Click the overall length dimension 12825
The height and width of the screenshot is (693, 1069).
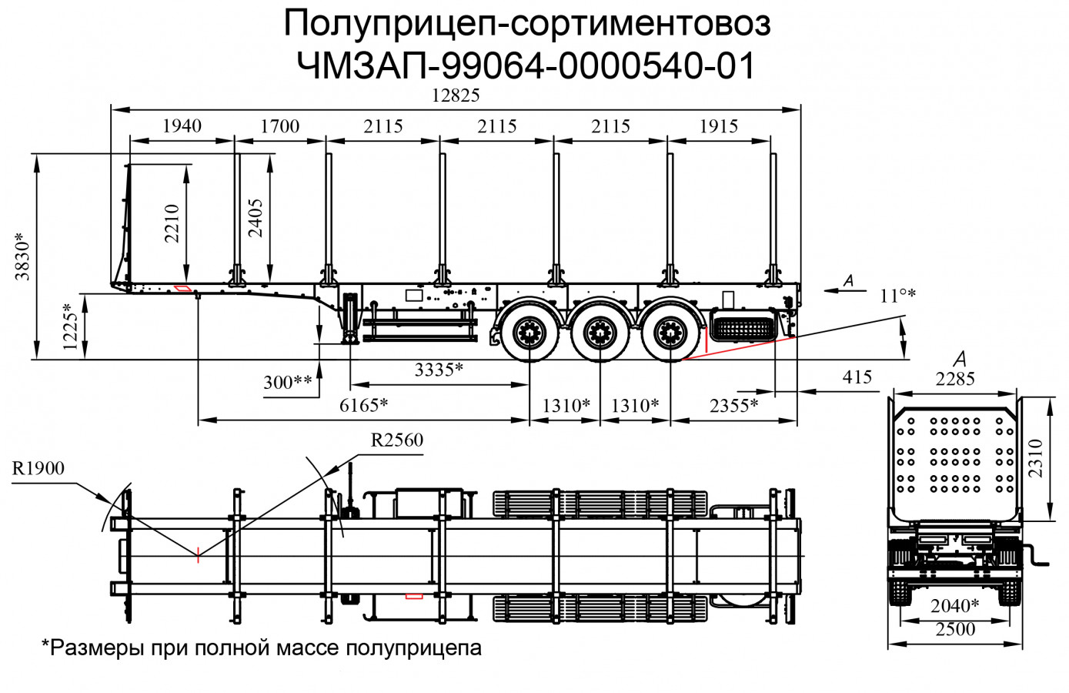[x=456, y=95]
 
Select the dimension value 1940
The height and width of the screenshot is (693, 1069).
[x=182, y=126]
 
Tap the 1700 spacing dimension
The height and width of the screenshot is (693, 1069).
[x=279, y=126]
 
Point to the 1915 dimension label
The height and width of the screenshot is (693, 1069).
[x=718, y=126]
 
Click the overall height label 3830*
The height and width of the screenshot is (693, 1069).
[x=23, y=256]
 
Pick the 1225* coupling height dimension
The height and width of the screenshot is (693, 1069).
[x=71, y=326]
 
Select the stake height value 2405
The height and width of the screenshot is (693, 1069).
[x=255, y=218]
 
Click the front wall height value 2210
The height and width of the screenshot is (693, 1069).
[x=172, y=223]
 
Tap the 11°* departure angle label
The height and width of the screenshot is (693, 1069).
[x=897, y=296]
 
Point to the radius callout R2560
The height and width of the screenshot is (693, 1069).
[x=396, y=440]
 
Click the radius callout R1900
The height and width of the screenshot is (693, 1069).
[x=38, y=468]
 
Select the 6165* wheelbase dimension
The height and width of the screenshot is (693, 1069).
[x=363, y=406]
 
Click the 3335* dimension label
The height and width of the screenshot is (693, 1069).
[x=439, y=370]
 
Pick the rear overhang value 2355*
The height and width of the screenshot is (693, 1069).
[x=733, y=406]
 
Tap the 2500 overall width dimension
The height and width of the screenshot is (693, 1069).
[x=955, y=630]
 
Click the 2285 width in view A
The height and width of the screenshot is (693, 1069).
[x=955, y=379]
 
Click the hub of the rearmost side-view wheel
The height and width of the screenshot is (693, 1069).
[x=670, y=334]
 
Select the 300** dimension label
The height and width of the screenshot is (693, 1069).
[x=288, y=383]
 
